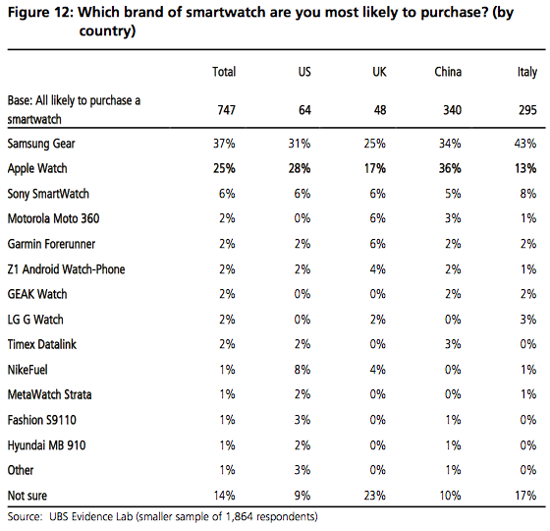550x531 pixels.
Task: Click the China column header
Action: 448,72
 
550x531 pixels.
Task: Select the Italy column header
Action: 525,72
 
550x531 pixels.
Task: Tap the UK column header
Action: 379,72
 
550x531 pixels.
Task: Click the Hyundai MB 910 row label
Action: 48,445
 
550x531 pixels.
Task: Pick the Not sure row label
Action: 27,496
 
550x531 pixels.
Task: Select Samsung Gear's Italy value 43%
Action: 523,143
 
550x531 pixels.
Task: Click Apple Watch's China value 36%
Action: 449,168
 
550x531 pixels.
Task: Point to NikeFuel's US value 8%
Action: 304,369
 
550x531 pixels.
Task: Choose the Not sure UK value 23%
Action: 376,496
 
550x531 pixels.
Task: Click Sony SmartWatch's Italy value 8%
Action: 526,194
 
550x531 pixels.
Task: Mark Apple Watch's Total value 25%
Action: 224,168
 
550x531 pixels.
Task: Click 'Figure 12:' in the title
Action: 40,13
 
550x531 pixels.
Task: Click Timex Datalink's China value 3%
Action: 452,344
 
